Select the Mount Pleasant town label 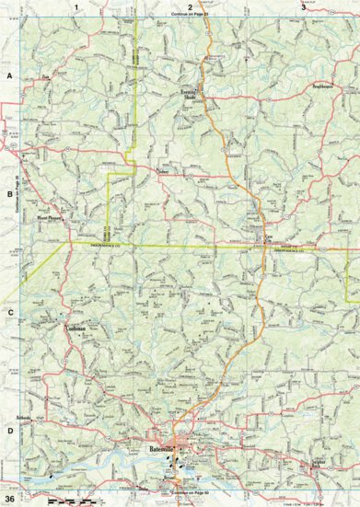[x=48, y=220]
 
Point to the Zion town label [x=44, y=79]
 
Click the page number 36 [x=8, y=500]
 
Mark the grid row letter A [x=9, y=78]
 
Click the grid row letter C [x=9, y=313]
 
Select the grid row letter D [x=9, y=431]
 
